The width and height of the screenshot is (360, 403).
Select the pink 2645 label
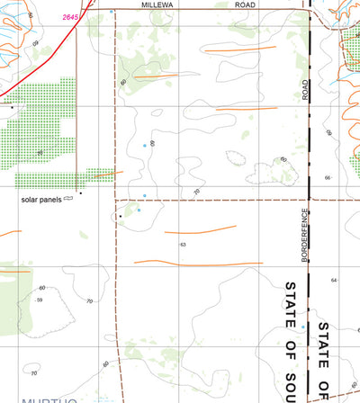coord(71,16)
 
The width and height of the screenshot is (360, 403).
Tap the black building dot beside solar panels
coord(80,193)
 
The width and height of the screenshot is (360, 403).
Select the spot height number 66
coord(328,178)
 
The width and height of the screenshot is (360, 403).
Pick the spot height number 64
coord(333,281)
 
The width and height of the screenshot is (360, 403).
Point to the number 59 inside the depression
coord(40,300)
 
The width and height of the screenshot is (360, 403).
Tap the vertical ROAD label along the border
coord(306,88)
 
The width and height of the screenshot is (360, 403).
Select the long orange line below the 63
coord(193,263)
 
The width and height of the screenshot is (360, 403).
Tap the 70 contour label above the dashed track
coord(195,191)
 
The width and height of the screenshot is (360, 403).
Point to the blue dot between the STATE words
coord(304,325)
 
